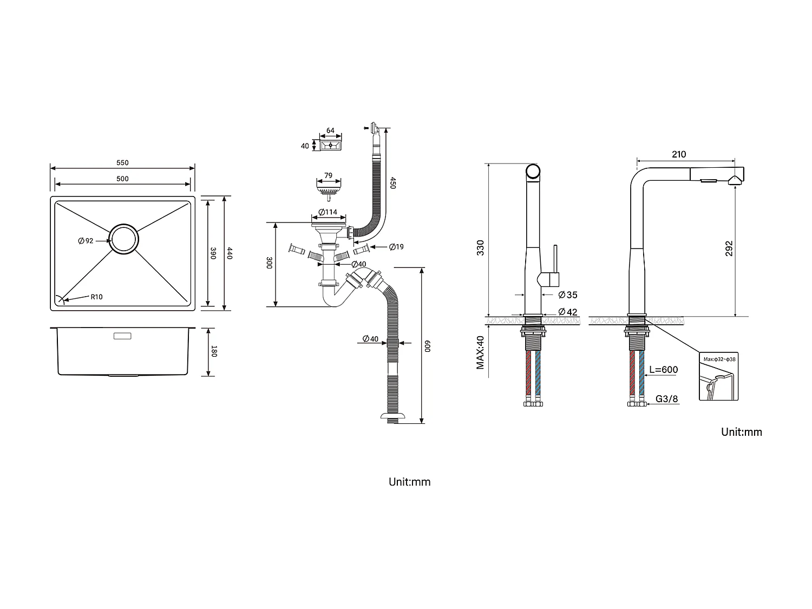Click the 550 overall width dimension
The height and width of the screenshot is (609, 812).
coord(122,163)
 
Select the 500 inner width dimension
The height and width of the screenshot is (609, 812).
coord(122,179)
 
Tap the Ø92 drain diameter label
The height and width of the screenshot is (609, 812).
coord(86,241)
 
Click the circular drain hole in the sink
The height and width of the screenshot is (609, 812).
coord(123,239)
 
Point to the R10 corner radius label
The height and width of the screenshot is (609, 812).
coord(96,297)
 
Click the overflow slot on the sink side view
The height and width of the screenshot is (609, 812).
coord(122,336)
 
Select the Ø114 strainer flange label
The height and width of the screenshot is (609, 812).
coord(328,212)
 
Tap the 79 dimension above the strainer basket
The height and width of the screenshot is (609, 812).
coord(328,176)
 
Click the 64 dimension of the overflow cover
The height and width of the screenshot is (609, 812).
coord(330,131)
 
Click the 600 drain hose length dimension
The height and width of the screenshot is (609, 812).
coord(427,346)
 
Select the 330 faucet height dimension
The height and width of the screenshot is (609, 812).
coord(480,247)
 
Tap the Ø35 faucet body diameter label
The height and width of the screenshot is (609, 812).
coord(568,295)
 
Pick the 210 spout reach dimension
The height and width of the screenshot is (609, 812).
coord(679,155)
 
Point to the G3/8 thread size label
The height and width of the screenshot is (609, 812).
coord(667,399)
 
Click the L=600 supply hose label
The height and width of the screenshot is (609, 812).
coord(663,370)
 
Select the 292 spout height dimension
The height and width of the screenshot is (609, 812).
coord(729,248)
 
